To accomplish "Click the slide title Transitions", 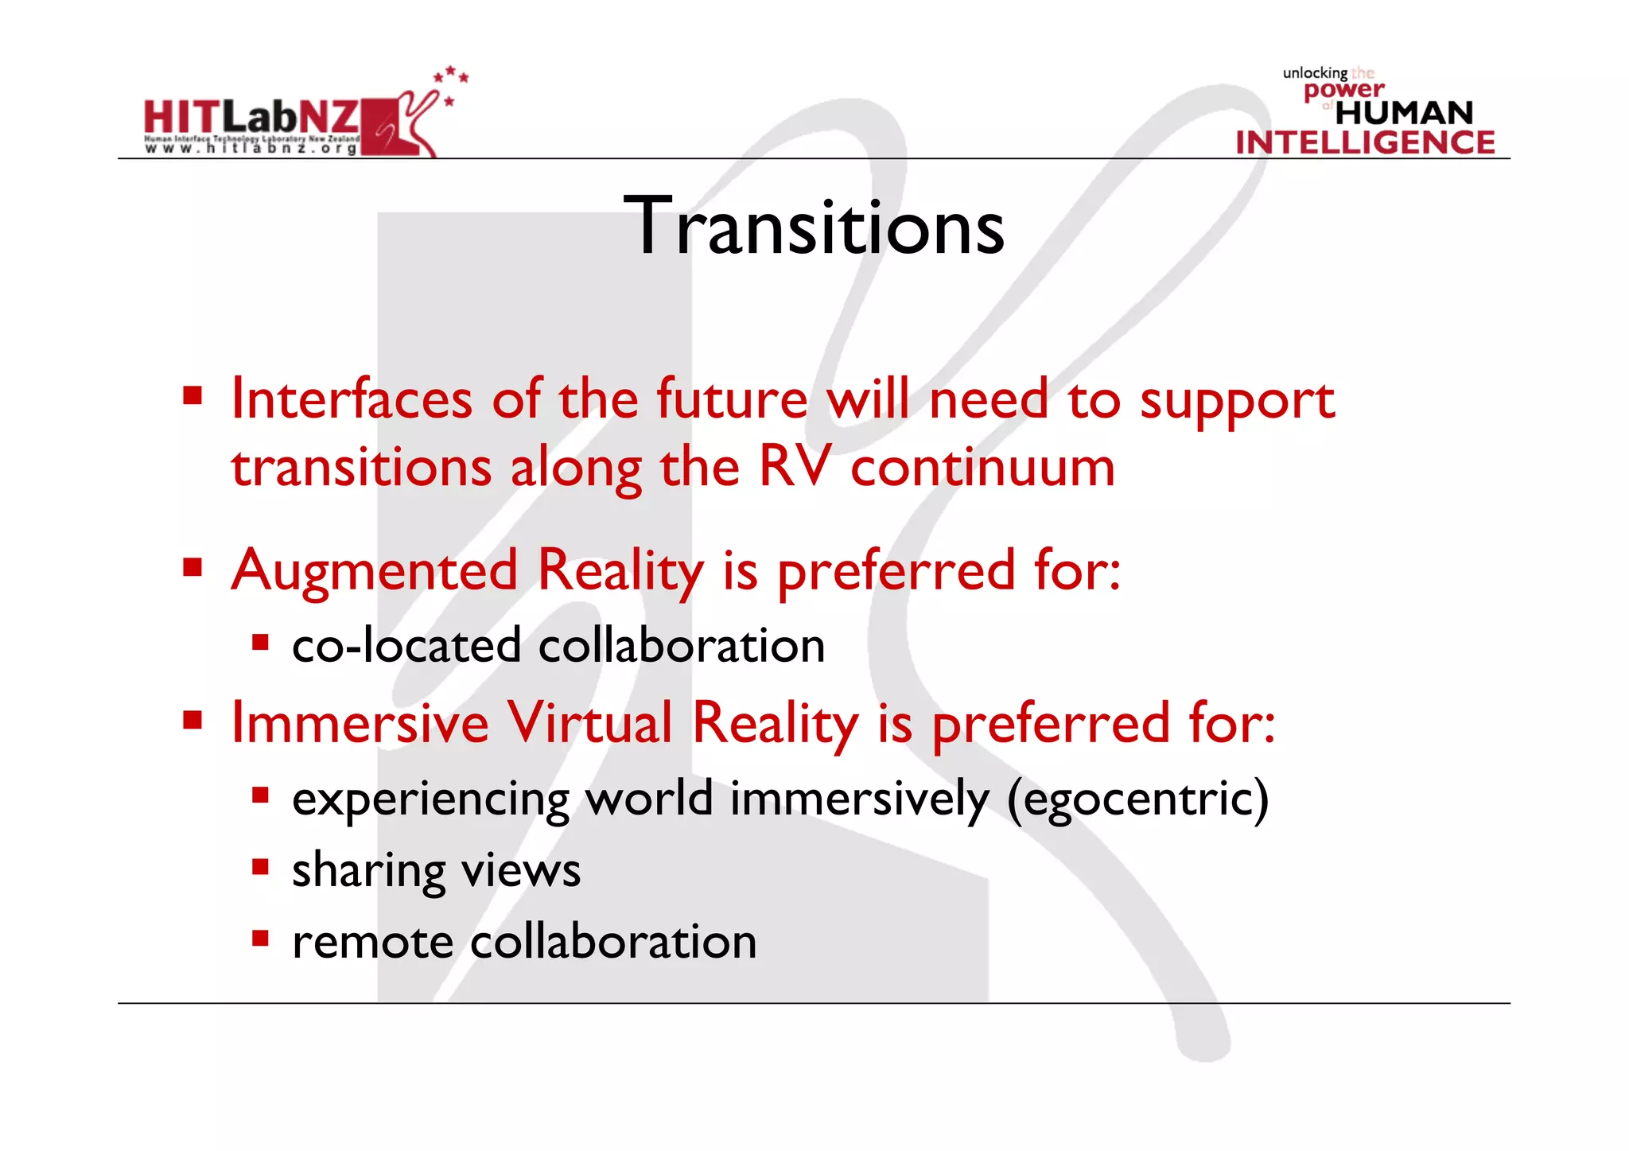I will [x=814, y=227].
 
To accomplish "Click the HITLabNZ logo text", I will [x=251, y=118].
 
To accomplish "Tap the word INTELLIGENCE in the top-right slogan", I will [x=1365, y=142].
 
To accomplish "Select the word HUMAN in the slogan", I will [x=1404, y=113].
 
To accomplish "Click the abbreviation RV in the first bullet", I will [x=795, y=466].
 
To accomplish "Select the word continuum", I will [x=982, y=468].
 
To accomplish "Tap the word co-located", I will [x=406, y=645].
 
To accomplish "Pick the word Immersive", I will [x=360, y=723].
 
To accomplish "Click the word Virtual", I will [x=590, y=723].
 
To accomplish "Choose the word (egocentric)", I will [x=1137, y=799].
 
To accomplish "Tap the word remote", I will [x=372, y=943].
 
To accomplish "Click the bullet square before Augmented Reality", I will [x=192, y=567].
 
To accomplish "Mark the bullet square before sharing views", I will [x=260, y=866].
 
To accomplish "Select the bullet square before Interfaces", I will [x=192, y=395].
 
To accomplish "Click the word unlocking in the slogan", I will [x=1315, y=73].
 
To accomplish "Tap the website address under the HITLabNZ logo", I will [x=251, y=149].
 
